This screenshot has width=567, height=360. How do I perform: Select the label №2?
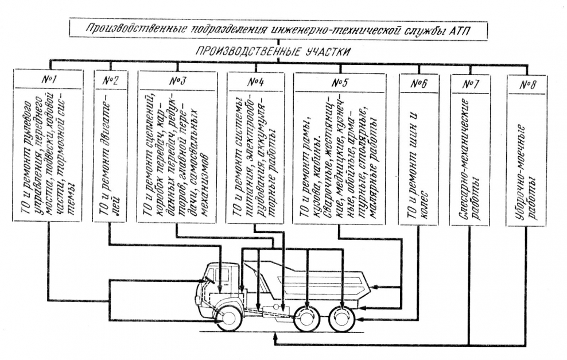pos(110,80)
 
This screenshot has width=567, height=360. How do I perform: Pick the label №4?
pos(255,81)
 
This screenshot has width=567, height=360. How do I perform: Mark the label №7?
pos(470,83)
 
